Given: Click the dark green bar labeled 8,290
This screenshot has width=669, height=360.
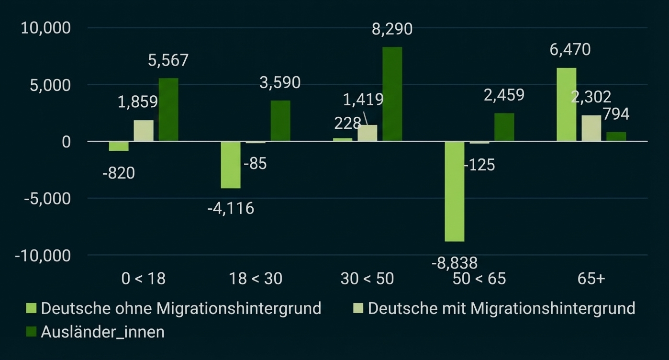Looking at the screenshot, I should tap(392, 94).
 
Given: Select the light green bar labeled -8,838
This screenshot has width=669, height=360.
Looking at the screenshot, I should tap(454, 191).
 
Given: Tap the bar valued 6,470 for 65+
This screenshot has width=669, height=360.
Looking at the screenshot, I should tap(566, 104).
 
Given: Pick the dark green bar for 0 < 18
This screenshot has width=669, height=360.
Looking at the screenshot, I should tap(168, 110).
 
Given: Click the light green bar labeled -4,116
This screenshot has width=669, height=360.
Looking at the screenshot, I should tap(231, 165).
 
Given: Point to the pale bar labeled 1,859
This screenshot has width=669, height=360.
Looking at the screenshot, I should tap(144, 130).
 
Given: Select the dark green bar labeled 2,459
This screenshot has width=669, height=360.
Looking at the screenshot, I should tap(504, 127).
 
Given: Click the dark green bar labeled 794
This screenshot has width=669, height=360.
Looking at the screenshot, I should tap(616, 136).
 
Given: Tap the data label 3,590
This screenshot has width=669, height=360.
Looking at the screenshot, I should tap(280, 82).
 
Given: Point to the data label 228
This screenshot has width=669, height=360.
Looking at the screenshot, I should tap(347, 124).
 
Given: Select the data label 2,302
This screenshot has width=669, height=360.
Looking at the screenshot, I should tap(591, 97).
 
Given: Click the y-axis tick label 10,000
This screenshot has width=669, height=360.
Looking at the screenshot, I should tap(45, 28).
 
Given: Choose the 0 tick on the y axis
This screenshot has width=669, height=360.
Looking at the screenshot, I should tap(66, 142).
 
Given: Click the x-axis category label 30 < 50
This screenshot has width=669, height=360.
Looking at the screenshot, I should tap(367, 279).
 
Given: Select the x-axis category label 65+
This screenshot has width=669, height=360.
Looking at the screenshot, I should tap(591, 279).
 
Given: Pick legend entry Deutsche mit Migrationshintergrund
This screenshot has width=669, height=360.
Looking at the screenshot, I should tap(501, 308).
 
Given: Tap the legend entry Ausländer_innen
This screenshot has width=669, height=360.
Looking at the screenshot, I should tap(102, 332).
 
